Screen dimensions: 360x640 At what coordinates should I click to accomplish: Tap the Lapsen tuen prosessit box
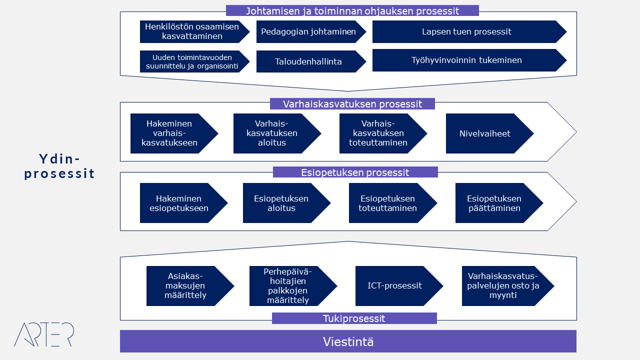[466, 32]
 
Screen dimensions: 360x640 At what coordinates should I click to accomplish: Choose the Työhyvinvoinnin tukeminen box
[466, 60]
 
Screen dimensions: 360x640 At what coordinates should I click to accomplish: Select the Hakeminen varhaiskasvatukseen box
[170, 133]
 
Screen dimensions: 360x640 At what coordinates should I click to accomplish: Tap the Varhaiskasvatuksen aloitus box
[274, 133]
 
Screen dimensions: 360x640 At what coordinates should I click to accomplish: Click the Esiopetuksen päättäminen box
[495, 203]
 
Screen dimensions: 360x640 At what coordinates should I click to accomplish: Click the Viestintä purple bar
[348, 341]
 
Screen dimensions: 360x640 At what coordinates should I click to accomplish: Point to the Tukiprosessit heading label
[354, 318]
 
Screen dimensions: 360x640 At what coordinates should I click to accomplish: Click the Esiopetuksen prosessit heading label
[355, 172]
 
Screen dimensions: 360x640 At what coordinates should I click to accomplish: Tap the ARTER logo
[44, 334]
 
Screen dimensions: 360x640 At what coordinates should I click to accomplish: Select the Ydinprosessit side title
[59, 166]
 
